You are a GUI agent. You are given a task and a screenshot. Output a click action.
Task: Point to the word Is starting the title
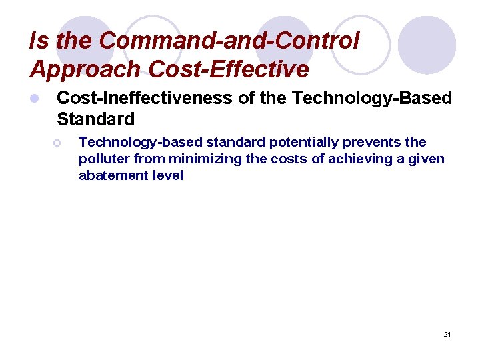[38, 41]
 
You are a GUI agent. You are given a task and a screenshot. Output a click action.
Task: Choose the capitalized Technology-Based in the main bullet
[372, 99]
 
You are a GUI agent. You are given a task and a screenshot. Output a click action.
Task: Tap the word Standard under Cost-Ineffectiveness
[95, 120]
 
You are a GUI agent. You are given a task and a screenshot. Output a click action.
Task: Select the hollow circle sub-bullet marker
[58, 142]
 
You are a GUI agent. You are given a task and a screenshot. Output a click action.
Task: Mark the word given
[426, 159]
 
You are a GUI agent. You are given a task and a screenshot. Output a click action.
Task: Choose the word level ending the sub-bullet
[168, 176]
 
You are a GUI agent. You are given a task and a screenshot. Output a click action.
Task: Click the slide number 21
[447, 334]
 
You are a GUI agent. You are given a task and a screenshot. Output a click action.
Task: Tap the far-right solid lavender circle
[427, 45]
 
